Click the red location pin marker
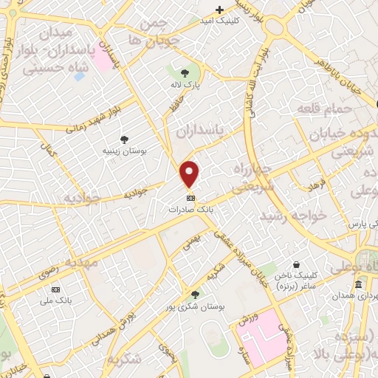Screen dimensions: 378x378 pos(190,174)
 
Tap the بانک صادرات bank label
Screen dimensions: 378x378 pos(190,210)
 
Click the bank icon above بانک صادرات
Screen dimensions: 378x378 pos(190,199)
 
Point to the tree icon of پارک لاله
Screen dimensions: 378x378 pos(185,72)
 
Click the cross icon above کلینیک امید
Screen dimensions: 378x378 pos(219,10)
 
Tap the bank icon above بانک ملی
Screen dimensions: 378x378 pos(62,289)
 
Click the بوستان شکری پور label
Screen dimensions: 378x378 pos(195,305)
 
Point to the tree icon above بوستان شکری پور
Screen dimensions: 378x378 pos(195,294)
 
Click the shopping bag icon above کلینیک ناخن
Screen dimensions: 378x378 pos(296,265)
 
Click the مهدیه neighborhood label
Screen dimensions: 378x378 pos(80,262)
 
